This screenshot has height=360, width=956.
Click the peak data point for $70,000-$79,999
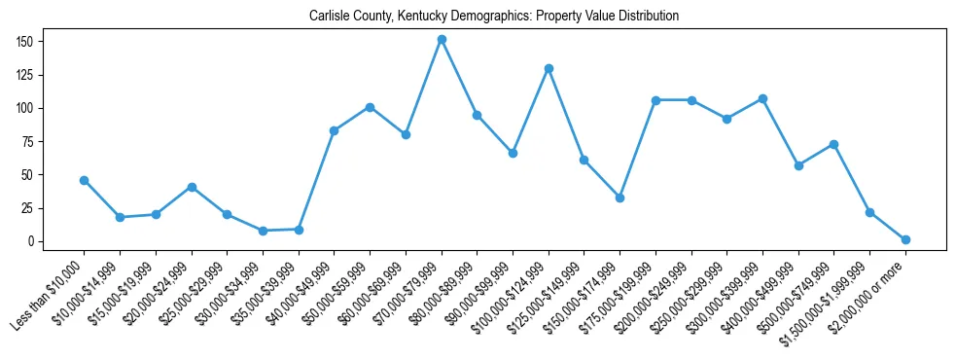[x=442, y=40]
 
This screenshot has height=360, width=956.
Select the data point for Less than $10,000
[x=84, y=180]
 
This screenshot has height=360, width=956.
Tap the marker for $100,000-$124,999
[x=549, y=68]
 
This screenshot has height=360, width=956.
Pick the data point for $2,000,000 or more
[x=905, y=239]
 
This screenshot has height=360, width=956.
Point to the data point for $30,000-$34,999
[x=263, y=231]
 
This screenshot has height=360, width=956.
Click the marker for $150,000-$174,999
[x=620, y=198]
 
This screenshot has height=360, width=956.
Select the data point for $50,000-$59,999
[x=370, y=107]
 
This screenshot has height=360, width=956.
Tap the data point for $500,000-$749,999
[x=833, y=144]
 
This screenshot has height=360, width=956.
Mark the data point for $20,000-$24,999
[x=192, y=187]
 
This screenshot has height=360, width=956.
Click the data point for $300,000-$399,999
[x=762, y=98]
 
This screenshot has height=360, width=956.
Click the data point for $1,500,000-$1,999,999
[x=869, y=212]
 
